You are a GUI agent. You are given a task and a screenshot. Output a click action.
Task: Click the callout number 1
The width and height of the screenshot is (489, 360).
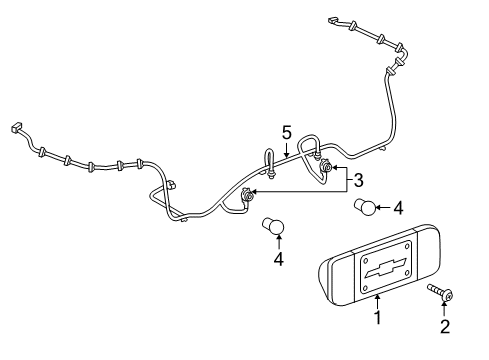[377, 317]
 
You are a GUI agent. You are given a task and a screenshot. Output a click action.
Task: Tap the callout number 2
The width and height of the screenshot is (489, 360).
[445, 326]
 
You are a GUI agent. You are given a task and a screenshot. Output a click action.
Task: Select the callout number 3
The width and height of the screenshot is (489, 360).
[358, 180]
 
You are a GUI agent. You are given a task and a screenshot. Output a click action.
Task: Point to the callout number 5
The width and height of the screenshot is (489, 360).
[287, 132]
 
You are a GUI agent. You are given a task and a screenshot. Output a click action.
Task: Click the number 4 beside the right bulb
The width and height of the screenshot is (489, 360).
[398, 208]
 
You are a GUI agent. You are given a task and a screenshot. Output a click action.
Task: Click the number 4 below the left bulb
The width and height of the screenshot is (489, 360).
[279, 259]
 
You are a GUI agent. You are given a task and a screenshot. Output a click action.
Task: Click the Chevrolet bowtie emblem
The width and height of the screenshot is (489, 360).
[386, 268]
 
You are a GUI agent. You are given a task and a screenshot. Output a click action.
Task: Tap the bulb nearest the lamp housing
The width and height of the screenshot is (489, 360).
[365, 207]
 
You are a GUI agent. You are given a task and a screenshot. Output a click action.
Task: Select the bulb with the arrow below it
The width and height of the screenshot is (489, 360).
[273, 227]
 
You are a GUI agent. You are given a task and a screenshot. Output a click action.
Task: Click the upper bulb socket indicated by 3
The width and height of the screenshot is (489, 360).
[325, 166]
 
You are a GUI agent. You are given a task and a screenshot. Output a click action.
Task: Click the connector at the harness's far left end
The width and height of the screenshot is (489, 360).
[16, 128]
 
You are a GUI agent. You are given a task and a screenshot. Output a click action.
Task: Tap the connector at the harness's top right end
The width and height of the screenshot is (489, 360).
[333, 20]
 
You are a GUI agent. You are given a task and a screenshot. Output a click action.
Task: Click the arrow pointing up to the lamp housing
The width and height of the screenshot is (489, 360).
[377, 302]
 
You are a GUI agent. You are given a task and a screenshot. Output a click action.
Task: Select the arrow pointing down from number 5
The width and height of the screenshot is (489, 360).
[286, 149]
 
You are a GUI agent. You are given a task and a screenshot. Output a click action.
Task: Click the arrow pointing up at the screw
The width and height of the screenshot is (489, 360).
[444, 308]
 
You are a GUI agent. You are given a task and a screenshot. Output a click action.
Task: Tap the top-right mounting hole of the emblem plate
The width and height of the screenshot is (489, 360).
[407, 246]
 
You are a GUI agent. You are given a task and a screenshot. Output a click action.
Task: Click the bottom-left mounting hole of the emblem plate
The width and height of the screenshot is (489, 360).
[366, 287]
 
